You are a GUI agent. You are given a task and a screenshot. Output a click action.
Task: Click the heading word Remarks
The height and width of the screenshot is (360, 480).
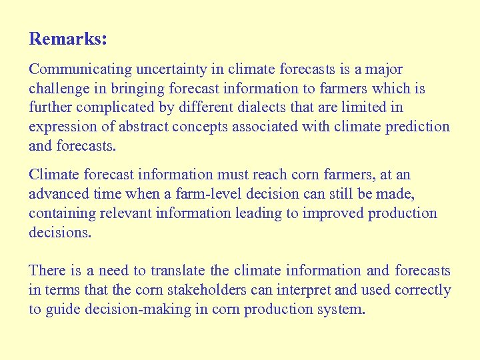pos(67,39)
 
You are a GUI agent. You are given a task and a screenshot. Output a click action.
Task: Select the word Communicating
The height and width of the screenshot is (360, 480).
pos(81,69)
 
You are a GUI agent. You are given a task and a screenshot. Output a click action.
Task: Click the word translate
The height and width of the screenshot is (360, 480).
pos(179,271)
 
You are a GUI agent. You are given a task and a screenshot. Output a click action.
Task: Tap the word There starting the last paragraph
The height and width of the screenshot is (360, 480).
pos(47,271)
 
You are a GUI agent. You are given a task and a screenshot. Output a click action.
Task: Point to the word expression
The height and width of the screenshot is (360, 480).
pos(61,127)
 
